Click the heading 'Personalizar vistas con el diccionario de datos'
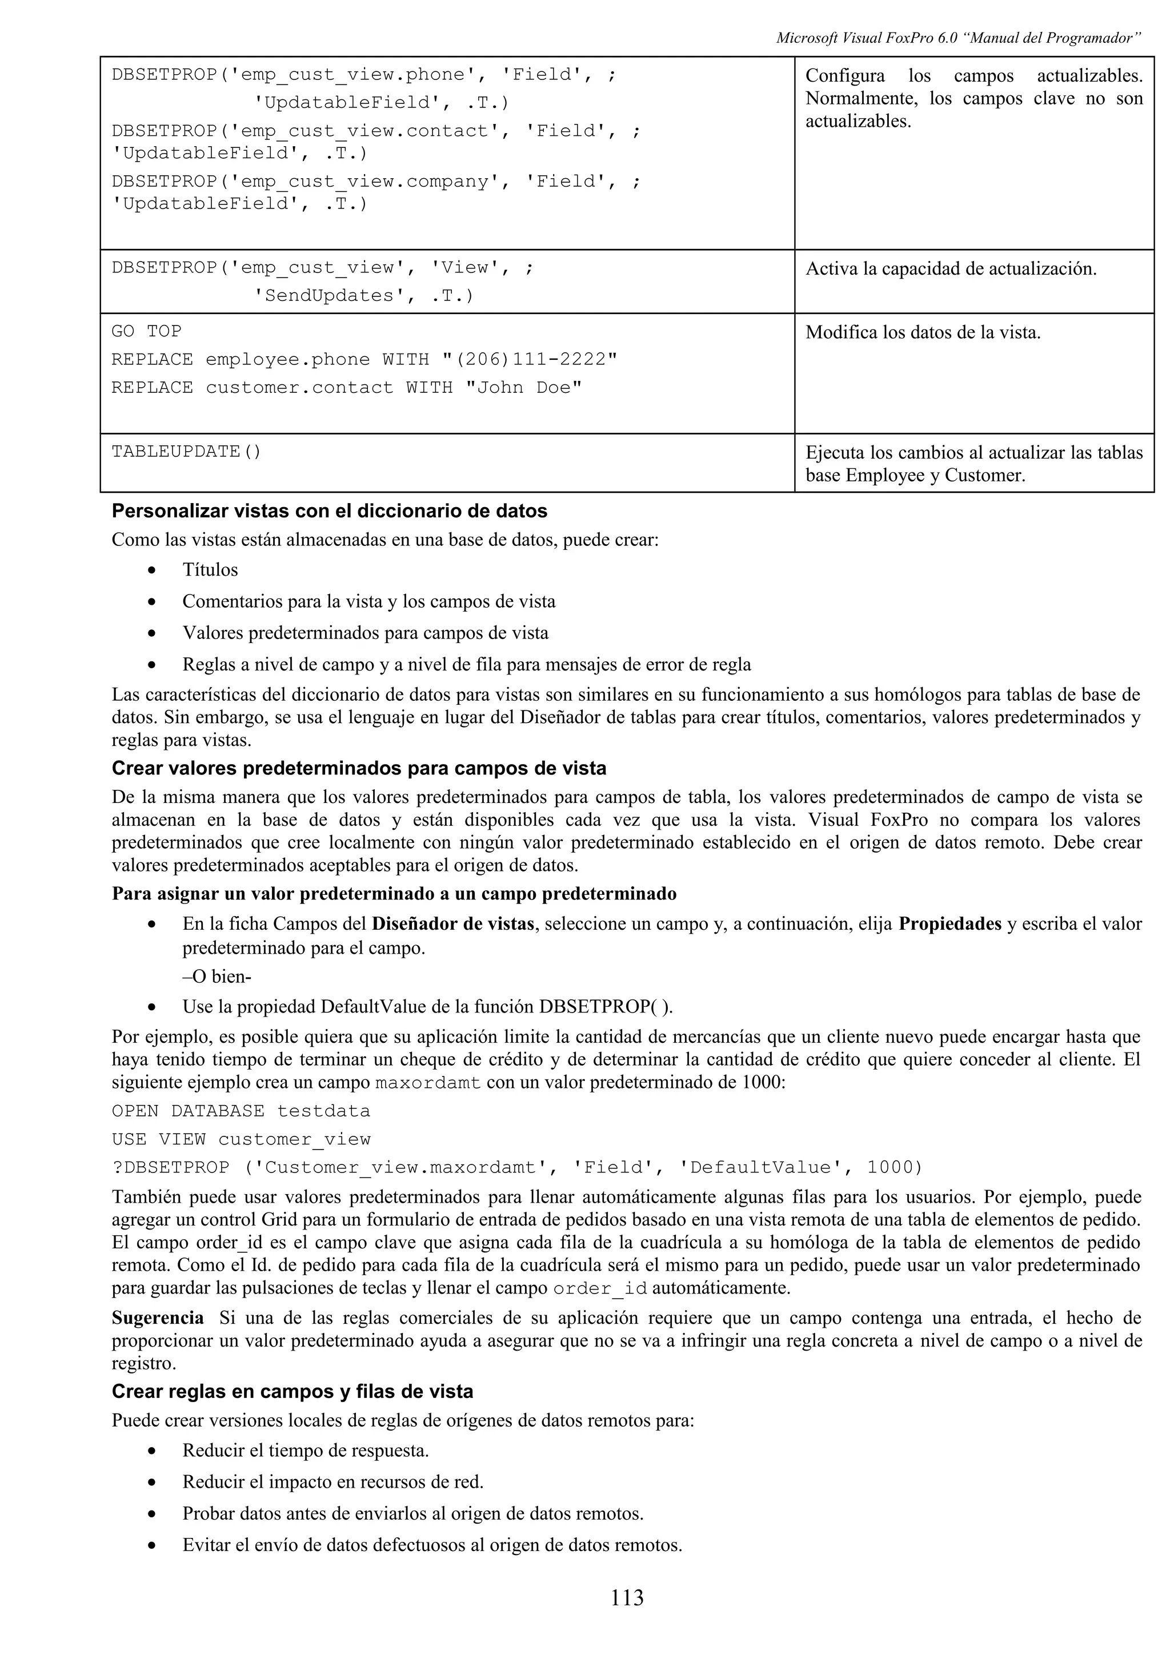pyautogui.click(x=330, y=511)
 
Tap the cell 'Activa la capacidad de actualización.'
pyautogui.click(x=950, y=269)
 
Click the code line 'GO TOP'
pyautogui.click(x=146, y=332)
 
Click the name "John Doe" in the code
pyautogui.click(x=523, y=388)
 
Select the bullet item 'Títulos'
pyautogui.click(x=210, y=570)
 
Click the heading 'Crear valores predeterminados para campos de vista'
pyautogui.click(x=358, y=769)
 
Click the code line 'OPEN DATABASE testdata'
pyautogui.click(x=241, y=1111)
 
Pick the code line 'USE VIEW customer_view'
pyautogui.click(x=241, y=1140)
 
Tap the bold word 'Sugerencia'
pyautogui.click(x=158, y=1319)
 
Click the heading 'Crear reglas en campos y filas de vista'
pyautogui.click(x=292, y=1392)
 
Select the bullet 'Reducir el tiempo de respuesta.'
pyautogui.click(x=305, y=1451)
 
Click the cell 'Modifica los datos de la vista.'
pyautogui.click(x=923, y=332)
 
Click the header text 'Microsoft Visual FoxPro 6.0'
pyautogui.click(x=867, y=38)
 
